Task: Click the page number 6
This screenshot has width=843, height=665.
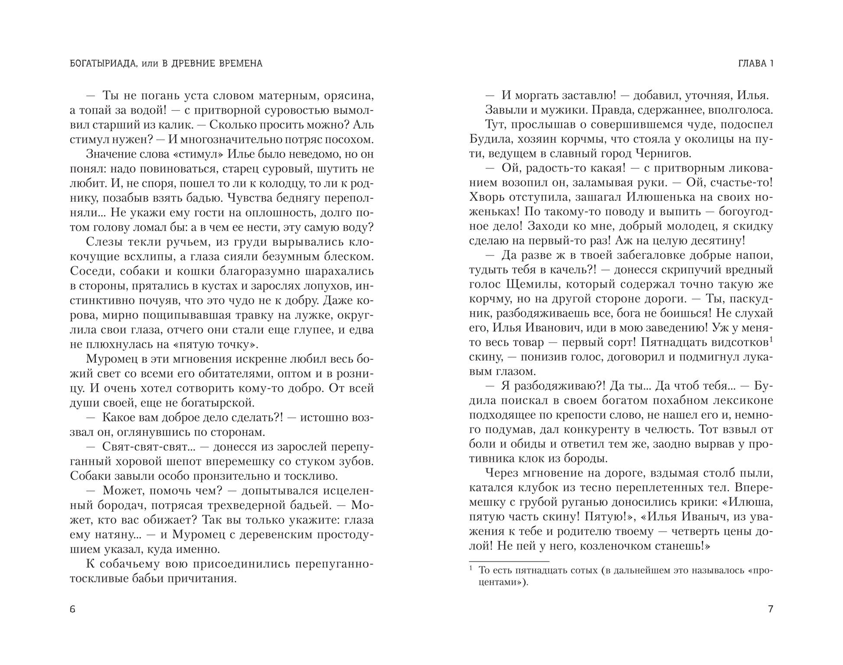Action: tap(72, 610)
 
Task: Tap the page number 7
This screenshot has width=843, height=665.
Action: tap(770, 609)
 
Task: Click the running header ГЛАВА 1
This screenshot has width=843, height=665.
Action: tap(755, 64)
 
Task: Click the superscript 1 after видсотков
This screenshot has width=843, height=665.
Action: tap(771, 339)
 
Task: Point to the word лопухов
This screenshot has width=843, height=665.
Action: tap(323, 286)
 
